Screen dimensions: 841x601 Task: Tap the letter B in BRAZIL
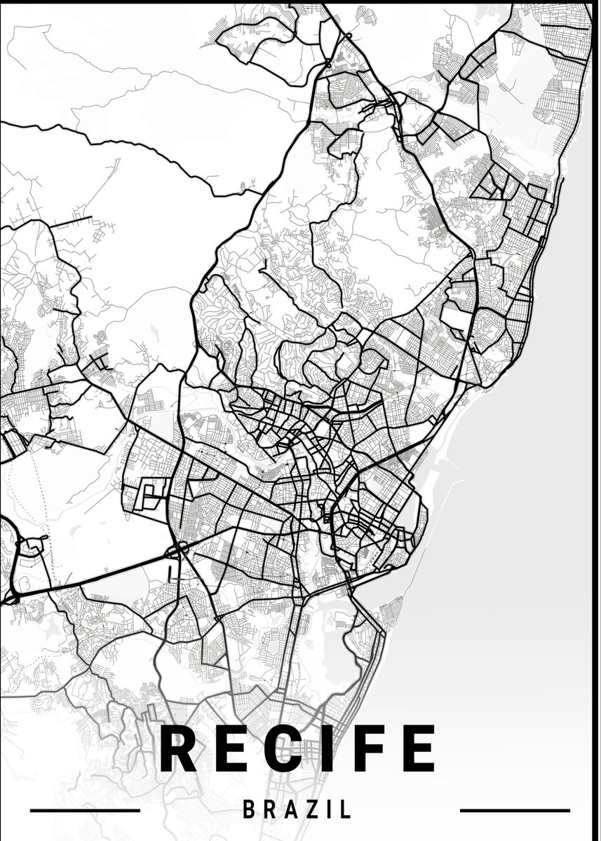(x=249, y=810)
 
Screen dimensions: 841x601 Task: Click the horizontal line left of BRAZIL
(x=85, y=810)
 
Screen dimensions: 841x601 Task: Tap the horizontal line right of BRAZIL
(x=515, y=810)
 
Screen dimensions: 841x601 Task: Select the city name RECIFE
(x=298, y=748)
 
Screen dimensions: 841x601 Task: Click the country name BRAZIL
(x=297, y=810)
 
